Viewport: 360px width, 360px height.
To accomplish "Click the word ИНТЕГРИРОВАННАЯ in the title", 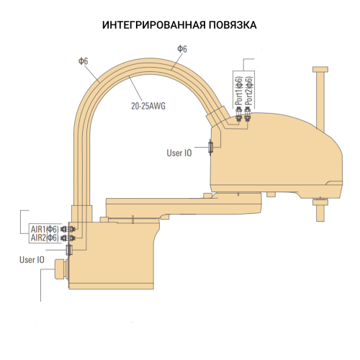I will point(145,24).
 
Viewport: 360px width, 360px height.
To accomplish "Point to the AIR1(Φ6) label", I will point(44,229).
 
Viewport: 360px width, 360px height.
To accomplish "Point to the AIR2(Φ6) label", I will point(44,238).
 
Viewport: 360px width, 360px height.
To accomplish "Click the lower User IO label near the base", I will point(32,260).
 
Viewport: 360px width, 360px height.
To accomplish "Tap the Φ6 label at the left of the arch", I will point(83,62).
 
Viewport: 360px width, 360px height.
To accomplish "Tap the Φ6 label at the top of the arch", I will point(182,49).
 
